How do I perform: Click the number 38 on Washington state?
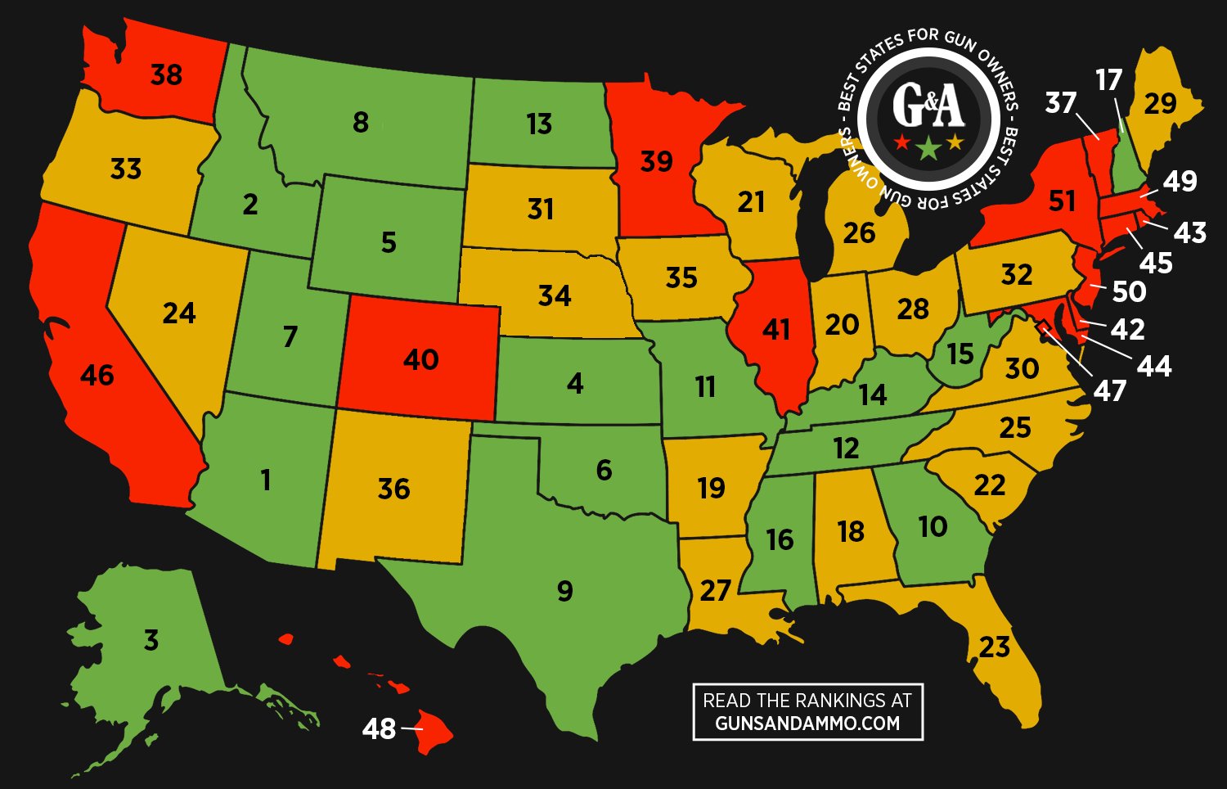tap(166, 75)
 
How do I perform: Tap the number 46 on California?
tap(97, 376)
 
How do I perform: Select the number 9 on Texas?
tap(564, 592)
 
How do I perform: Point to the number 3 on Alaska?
tap(151, 640)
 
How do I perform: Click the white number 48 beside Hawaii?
tap(379, 728)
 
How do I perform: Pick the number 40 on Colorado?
tap(420, 359)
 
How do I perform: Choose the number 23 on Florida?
tap(995, 647)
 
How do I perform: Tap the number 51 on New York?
tap(1062, 201)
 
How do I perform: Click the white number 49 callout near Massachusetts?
tap(1180, 181)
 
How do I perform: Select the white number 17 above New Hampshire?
tap(1108, 80)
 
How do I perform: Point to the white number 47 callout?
tap(1109, 391)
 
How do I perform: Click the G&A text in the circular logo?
tap(928, 106)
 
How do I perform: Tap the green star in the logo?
tap(928, 147)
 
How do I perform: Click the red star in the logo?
tap(902, 142)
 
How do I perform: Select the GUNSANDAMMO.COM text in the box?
tap(807, 724)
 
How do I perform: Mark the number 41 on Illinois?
tap(776, 330)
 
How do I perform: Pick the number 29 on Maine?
tap(1160, 104)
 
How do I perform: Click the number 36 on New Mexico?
tap(393, 489)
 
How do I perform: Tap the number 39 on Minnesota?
tap(656, 162)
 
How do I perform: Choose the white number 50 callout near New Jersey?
tap(1129, 291)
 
